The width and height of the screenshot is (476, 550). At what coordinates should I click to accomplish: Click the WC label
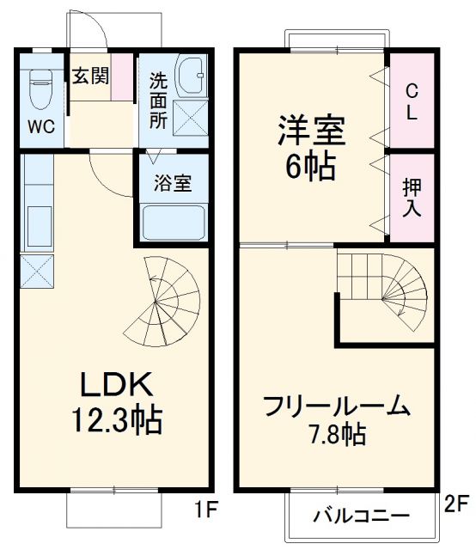click(x=41, y=127)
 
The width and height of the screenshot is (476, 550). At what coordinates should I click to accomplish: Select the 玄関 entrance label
click(x=89, y=76)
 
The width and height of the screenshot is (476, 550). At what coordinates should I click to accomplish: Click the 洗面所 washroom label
click(x=159, y=101)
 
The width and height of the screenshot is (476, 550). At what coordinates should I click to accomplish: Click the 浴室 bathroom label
click(x=172, y=182)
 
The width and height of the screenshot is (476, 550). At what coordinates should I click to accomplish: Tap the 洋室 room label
click(x=310, y=131)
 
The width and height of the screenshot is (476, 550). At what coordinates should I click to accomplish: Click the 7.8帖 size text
click(x=335, y=434)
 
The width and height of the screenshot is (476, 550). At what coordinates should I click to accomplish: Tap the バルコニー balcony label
click(x=361, y=517)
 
